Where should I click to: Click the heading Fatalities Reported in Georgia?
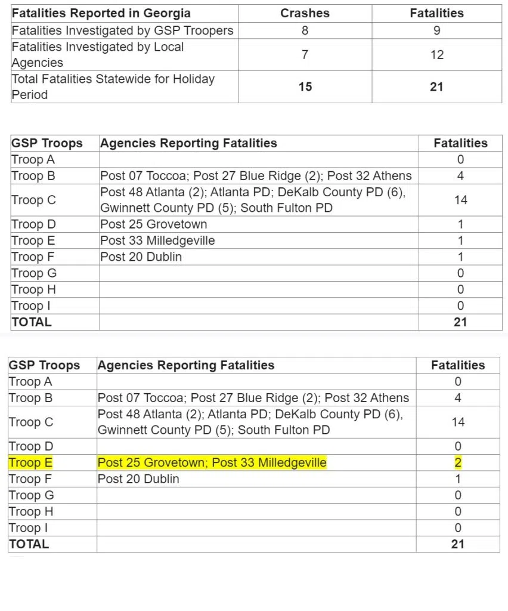(x=101, y=13)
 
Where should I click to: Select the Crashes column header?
(x=305, y=13)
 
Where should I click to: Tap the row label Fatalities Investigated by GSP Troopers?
(x=123, y=30)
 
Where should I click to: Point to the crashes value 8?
(x=305, y=30)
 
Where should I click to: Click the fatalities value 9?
(x=436, y=30)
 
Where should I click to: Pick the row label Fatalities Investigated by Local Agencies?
(x=98, y=54)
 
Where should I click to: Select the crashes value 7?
(x=305, y=55)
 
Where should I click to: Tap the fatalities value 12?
(x=436, y=55)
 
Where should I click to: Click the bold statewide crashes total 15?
(x=305, y=87)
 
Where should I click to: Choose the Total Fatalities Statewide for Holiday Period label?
(x=113, y=87)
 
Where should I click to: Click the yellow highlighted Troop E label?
(x=30, y=462)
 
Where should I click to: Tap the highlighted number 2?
(x=458, y=462)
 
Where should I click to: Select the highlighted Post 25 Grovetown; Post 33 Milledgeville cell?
(x=212, y=462)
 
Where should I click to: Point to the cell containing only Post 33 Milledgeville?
(x=157, y=240)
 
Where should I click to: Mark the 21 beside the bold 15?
(x=436, y=87)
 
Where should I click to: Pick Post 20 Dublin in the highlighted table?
(x=138, y=479)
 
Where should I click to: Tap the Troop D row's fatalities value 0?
(x=458, y=446)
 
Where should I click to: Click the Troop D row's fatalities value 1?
(x=460, y=224)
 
